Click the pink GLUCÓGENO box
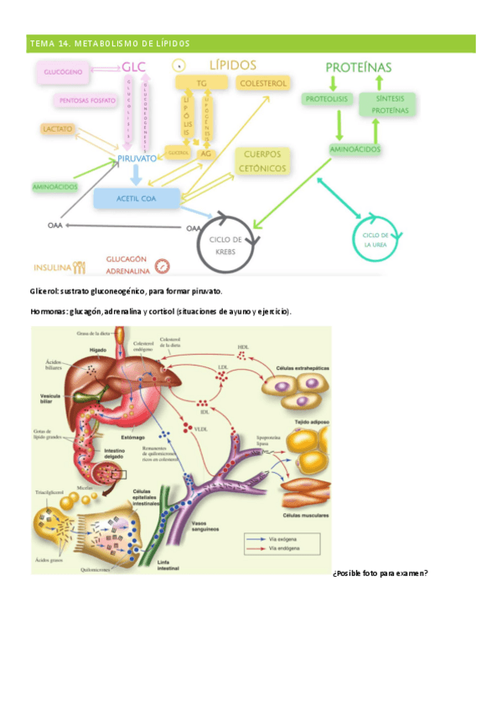(62, 72)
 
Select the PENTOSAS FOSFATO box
(87, 100)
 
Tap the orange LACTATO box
(58, 129)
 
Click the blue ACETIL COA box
(137, 198)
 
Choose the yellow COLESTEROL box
(263, 83)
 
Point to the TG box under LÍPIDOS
(201, 83)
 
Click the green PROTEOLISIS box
(327, 99)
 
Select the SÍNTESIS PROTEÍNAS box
(387, 105)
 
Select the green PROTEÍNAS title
(358, 66)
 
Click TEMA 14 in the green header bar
(48, 43)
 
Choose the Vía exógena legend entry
(282, 537)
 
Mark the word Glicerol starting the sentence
(44, 291)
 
